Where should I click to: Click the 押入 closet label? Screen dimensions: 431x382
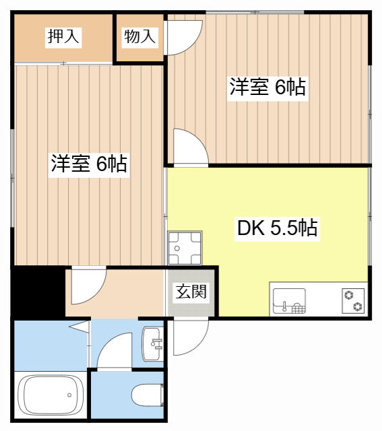point(63,37)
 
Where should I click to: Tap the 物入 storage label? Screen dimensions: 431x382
point(139,37)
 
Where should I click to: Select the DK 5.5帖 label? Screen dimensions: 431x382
point(276,228)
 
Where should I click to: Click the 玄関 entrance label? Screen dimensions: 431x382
point(192,292)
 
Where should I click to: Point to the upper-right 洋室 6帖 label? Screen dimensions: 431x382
point(267,88)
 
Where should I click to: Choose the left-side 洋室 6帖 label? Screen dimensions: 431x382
point(89,164)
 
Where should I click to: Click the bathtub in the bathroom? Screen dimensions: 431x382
point(50,397)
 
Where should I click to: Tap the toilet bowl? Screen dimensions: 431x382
point(146,394)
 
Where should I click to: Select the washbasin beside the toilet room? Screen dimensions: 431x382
point(153,343)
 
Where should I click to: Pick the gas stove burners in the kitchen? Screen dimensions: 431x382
point(352,300)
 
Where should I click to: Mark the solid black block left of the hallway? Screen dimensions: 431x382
point(38,291)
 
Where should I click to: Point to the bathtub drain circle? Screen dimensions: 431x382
point(68,395)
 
